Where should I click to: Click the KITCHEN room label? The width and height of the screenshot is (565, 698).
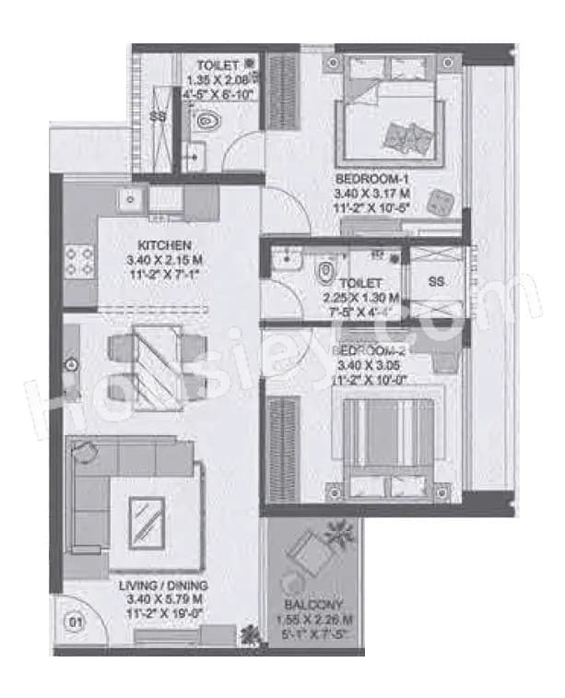(x=163, y=245)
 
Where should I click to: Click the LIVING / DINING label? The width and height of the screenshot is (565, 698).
(x=169, y=586)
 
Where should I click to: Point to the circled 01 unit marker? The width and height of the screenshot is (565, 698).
(x=77, y=621)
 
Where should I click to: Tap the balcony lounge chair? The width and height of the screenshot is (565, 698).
(x=306, y=556)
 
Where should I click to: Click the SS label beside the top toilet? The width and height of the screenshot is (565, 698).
(x=158, y=116)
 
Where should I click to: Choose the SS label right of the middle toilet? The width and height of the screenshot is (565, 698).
(x=437, y=282)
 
